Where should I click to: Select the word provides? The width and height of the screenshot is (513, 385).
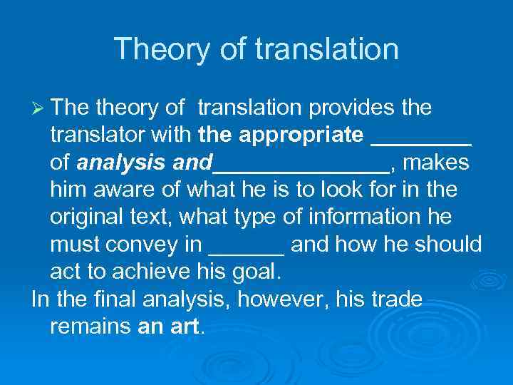[x=351, y=108]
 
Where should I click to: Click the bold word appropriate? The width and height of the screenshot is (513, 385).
[x=304, y=135]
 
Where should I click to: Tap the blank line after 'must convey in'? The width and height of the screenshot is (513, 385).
[x=247, y=250]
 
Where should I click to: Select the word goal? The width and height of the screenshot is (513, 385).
[x=256, y=272]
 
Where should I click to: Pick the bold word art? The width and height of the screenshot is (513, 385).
[x=186, y=327]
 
